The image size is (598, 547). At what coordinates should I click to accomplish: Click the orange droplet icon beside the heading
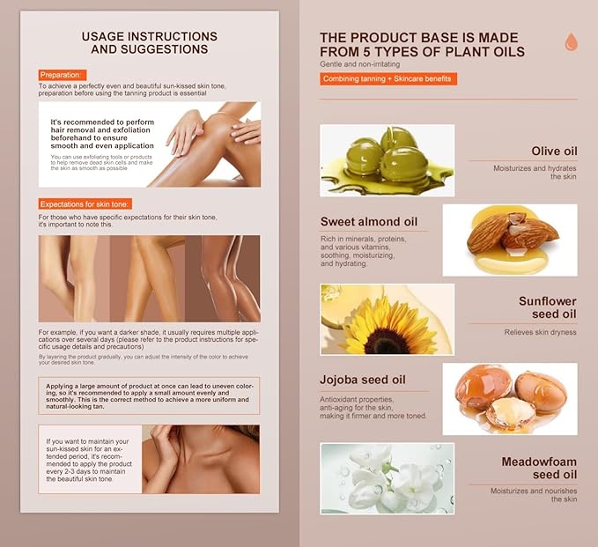pyautogui.click(x=571, y=41)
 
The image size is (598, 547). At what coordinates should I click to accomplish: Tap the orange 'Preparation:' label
pyautogui.click(x=63, y=75)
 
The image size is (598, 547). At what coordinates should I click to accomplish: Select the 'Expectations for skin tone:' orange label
pyautogui.click(x=85, y=204)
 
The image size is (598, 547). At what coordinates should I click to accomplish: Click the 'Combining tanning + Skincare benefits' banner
pyautogui.click(x=388, y=79)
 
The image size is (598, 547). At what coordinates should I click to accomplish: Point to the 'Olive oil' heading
pyautogui.click(x=554, y=151)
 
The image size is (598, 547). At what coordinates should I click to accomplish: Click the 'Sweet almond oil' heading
pyautogui.click(x=369, y=222)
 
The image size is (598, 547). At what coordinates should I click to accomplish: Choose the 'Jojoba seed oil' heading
pyautogui.click(x=363, y=380)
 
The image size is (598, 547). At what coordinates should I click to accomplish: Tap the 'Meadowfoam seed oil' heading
pyautogui.click(x=539, y=468)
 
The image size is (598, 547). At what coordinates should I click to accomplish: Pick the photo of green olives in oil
pyautogui.click(x=388, y=160)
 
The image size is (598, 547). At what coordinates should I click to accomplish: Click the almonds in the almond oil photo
pyautogui.click(x=512, y=232)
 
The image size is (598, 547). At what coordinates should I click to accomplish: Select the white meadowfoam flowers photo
pyautogui.click(x=388, y=478)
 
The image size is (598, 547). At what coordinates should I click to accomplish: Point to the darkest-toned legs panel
pyautogui.click(x=223, y=278)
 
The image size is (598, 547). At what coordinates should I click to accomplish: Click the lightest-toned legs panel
pyautogui.click(x=74, y=278)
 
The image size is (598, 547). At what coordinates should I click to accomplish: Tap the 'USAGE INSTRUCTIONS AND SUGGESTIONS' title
pyautogui.click(x=150, y=43)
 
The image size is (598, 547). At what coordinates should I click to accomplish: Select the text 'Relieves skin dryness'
pyautogui.click(x=541, y=332)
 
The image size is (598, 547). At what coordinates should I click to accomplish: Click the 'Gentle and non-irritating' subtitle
pyautogui.click(x=360, y=64)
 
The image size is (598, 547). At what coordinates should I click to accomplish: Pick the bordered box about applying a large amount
pyautogui.click(x=149, y=396)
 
